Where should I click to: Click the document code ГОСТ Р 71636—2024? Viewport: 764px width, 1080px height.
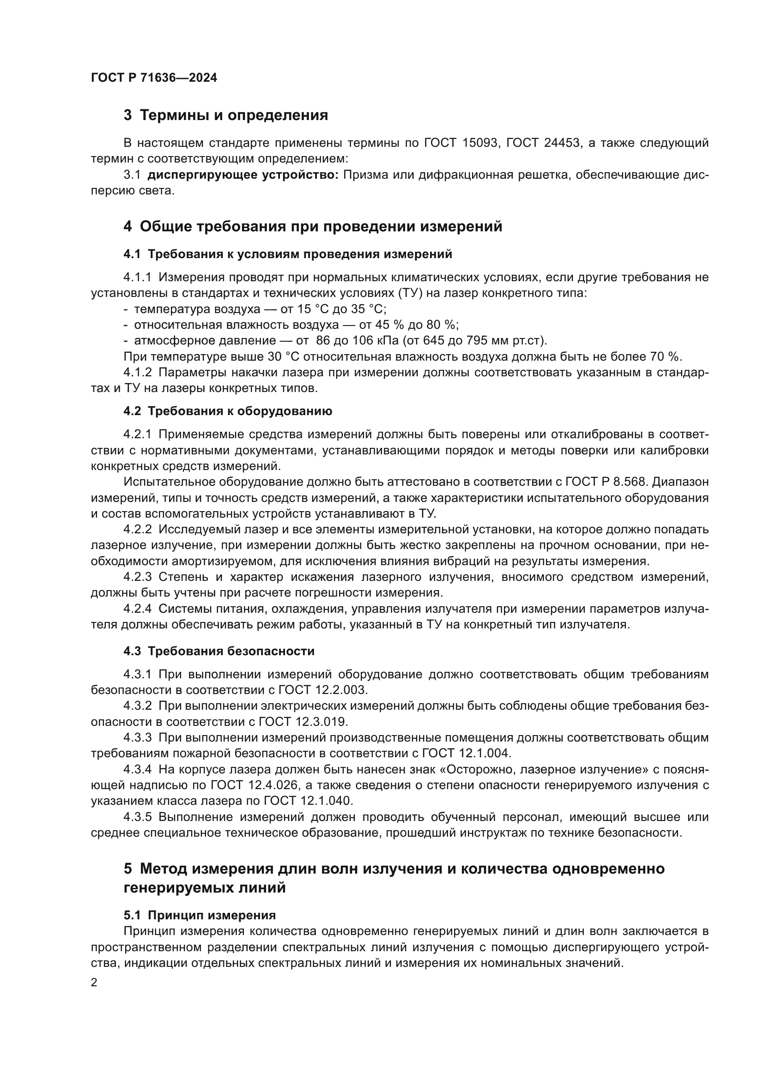(154, 78)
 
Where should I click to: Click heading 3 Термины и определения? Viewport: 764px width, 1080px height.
(226, 115)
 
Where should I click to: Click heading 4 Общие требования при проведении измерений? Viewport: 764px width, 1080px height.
(313, 227)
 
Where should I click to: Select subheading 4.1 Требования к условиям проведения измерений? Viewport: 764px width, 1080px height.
(287, 254)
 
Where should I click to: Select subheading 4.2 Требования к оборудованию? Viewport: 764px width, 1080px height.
(228, 411)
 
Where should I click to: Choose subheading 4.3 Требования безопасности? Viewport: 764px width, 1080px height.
(219, 651)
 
